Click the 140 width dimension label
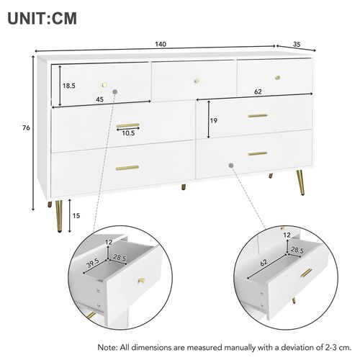[161, 45]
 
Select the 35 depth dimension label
[296, 45]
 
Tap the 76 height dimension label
[26, 129]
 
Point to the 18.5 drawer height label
[68, 85]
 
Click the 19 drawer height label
[214, 122]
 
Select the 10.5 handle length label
[128, 133]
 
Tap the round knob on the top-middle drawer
[197, 76]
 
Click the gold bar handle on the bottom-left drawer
[127, 168]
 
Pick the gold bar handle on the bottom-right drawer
[257, 153]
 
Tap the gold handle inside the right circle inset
[306, 273]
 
